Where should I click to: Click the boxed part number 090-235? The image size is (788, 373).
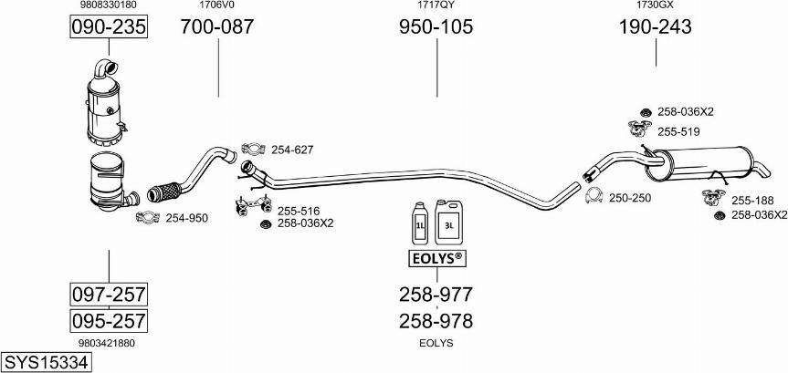[x=109, y=26]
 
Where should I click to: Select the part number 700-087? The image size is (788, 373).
[x=217, y=26]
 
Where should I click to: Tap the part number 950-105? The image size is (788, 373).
[x=436, y=26]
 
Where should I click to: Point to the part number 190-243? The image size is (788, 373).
[x=655, y=26]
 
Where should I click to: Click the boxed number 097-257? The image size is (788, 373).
[x=109, y=294]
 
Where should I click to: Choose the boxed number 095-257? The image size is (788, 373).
[x=109, y=321]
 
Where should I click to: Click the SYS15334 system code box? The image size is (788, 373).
[x=47, y=362]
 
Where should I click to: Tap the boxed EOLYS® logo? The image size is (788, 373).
[x=436, y=258]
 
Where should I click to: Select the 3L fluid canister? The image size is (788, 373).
[x=448, y=222]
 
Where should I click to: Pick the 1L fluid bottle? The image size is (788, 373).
[x=420, y=223]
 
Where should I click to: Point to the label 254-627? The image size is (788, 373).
[x=292, y=150]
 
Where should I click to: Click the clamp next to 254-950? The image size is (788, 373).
[x=147, y=217]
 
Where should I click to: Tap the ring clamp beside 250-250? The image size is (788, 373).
[x=594, y=195]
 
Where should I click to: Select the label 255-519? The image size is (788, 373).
[x=678, y=131]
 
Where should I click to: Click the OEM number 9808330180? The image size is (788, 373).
[x=108, y=5]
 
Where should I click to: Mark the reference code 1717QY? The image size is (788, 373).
[x=436, y=5]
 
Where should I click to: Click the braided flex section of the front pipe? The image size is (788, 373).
[x=163, y=192]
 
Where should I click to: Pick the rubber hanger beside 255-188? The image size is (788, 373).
[x=714, y=197]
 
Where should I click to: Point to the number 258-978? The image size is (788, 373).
[x=436, y=321]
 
